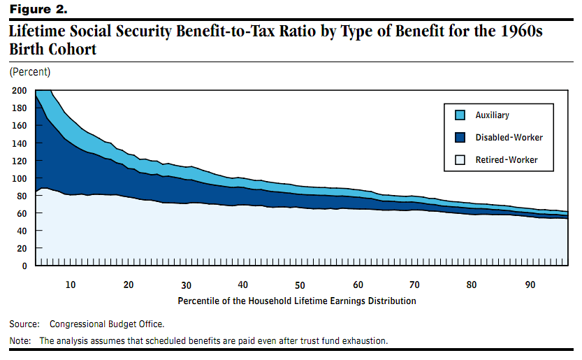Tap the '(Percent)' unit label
[x=29, y=72]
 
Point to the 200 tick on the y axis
[x=20, y=91]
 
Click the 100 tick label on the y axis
[x=20, y=178]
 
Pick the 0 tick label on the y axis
[x=24, y=266]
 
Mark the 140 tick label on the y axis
[x=20, y=143]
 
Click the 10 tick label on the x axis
[x=71, y=285]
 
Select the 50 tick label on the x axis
[x=300, y=285]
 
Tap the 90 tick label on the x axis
[x=530, y=285]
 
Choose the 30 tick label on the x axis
[x=185, y=285]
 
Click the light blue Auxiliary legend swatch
[x=459, y=115]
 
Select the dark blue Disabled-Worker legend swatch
[x=459, y=137]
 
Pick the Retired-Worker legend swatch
[x=459, y=160]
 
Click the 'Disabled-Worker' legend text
[x=509, y=138]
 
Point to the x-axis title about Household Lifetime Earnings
[x=297, y=301]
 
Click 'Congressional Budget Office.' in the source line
[x=106, y=324]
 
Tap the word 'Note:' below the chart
[x=20, y=341]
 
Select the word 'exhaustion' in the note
[x=363, y=341]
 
